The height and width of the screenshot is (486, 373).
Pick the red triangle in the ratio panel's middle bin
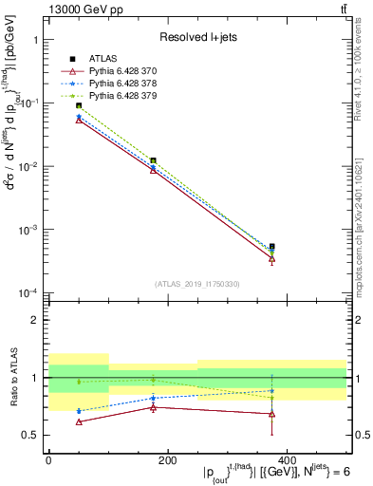pyautogui.click(x=153, y=407)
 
